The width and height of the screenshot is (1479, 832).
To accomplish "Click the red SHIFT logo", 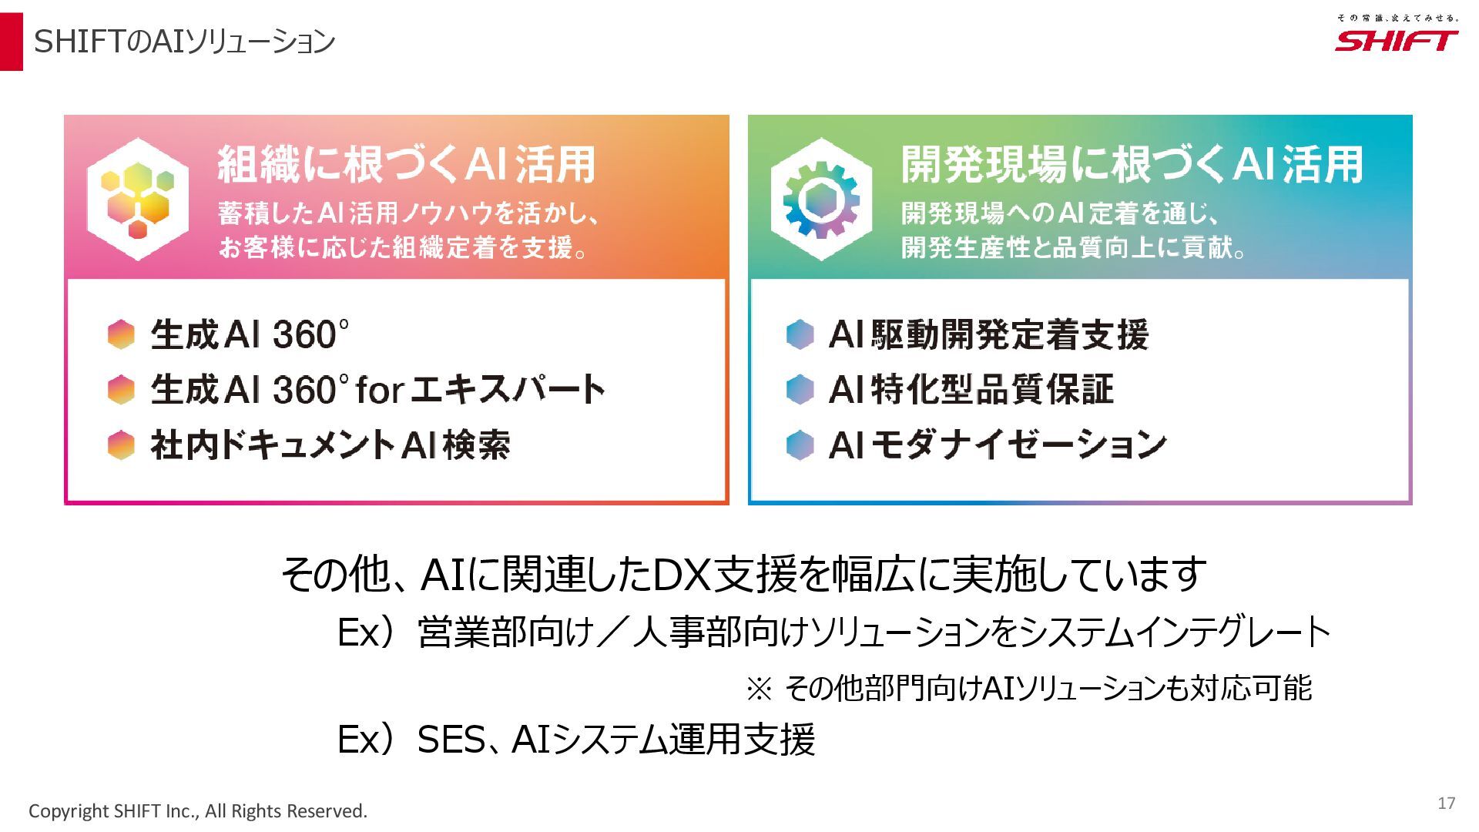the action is [x=1396, y=40].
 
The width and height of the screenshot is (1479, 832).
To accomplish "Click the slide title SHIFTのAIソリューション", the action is [x=184, y=42].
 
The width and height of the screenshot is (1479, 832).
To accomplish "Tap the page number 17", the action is [x=1446, y=803].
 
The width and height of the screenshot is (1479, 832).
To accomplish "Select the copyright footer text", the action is [x=198, y=811].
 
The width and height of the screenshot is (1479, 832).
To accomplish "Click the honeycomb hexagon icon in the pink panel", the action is [x=137, y=199].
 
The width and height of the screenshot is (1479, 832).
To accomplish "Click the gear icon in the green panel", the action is [x=821, y=200].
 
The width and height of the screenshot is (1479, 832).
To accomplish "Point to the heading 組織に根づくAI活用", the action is [x=407, y=164].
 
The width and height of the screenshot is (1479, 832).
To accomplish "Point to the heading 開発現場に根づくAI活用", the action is [x=1132, y=164].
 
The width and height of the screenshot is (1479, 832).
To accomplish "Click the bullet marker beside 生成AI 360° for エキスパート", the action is [x=121, y=390].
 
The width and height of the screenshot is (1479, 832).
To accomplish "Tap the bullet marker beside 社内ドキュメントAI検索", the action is [x=121, y=445].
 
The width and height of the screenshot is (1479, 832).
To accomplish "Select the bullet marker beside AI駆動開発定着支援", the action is [x=800, y=334].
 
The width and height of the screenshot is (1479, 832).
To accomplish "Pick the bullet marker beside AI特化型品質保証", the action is [x=800, y=390].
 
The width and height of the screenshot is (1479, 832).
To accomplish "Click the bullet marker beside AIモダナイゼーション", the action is [x=800, y=445].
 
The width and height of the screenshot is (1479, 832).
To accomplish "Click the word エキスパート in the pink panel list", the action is [x=507, y=389].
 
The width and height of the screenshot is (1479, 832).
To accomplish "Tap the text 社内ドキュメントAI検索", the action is [x=330, y=445].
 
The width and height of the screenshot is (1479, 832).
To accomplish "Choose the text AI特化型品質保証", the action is [x=971, y=390].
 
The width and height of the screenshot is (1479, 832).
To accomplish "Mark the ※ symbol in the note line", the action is [x=759, y=689].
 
